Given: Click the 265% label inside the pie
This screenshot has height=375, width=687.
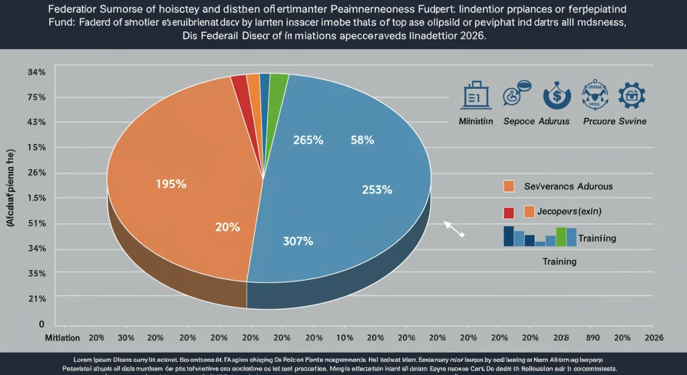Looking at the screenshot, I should (x=309, y=140).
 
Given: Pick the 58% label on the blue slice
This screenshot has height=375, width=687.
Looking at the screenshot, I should (x=362, y=140).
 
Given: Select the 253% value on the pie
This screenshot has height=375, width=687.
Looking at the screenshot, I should (x=377, y=190).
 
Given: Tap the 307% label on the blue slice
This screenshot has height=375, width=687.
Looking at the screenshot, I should (x=298, y=241).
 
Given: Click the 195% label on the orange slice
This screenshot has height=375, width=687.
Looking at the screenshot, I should (x=171, y=185).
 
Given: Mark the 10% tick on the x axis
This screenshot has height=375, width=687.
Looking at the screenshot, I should (x=345, y=338).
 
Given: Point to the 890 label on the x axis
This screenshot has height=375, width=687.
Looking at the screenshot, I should (x=592, y=338).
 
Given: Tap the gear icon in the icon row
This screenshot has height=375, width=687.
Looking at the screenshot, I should (x=632, y=96).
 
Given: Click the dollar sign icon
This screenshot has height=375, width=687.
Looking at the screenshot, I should (x=556, y=96).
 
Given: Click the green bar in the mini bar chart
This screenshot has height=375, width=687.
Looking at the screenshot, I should (x=561, y=236).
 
